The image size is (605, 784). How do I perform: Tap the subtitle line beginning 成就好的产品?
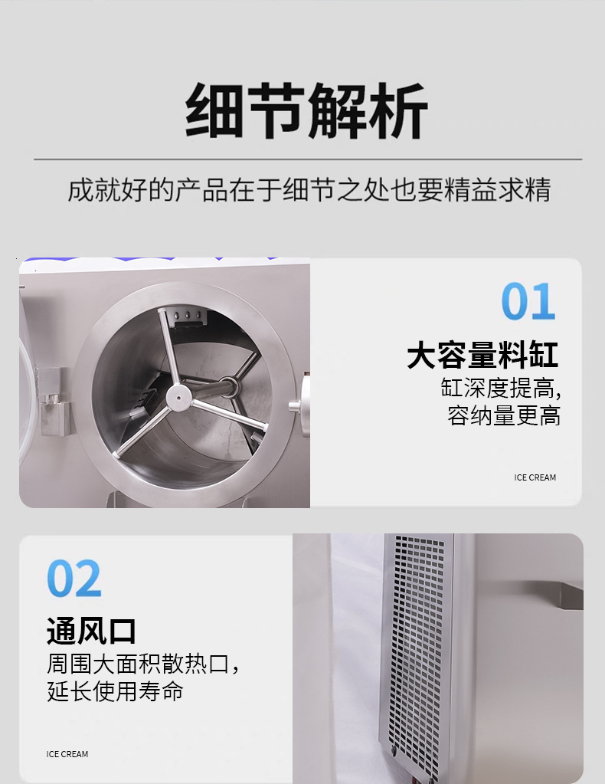[x=309, y=189]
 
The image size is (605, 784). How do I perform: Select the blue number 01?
[x=528, y=302]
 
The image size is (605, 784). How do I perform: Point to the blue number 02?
[x=74, y=579]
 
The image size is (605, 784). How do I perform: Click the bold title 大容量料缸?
[x=482, y=356]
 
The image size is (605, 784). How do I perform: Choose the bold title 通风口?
[x=91, y=631]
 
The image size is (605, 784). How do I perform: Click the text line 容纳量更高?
[x=504, y=416]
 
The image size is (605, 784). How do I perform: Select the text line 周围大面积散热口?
[x=143, y=663]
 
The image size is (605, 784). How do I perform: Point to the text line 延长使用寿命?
[x=115, y=691]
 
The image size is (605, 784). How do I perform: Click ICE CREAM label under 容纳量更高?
[x=535, y=477]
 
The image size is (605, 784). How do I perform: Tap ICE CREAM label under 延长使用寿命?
[x=67, y=754]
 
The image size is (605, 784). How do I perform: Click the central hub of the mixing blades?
[x=178, y=396]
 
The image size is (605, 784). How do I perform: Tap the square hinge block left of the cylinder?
[x=53, y=400]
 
